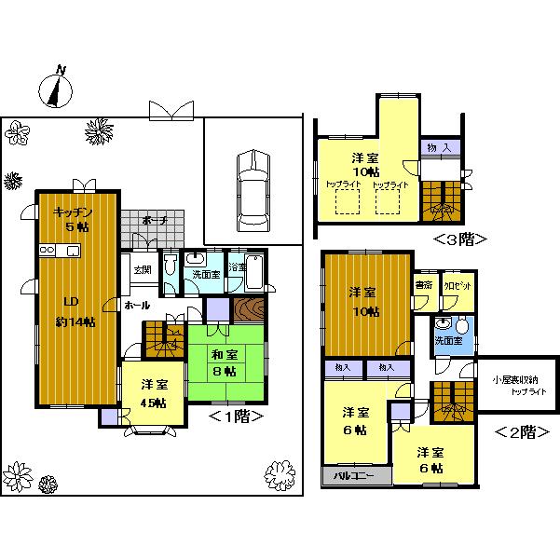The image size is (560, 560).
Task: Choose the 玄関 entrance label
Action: (143, 270)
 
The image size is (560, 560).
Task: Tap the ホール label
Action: (136, 305)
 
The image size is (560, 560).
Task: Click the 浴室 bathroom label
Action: (238, 266)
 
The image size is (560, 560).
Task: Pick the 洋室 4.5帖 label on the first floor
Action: (154, 393)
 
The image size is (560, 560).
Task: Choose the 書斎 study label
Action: (424, 285)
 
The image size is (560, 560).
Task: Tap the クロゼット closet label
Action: (457, 285)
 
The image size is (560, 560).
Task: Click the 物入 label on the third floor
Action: (438, 148)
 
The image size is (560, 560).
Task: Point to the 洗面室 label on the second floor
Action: (449, 342)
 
